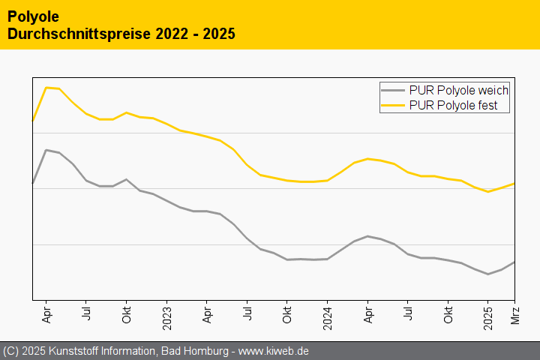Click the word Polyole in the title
click(32, 16)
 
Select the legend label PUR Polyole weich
click(459, 90)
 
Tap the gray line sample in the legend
click(394, 90)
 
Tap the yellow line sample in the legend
click(394, 106)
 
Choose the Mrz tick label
click(515, 312)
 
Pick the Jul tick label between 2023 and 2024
click(247, 310)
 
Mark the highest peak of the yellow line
click(46, 87)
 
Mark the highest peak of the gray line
click(46, 150)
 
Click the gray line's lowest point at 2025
click(488, 274)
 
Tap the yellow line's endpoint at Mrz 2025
click(514, 183)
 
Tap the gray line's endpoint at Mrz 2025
click(514, 262)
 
